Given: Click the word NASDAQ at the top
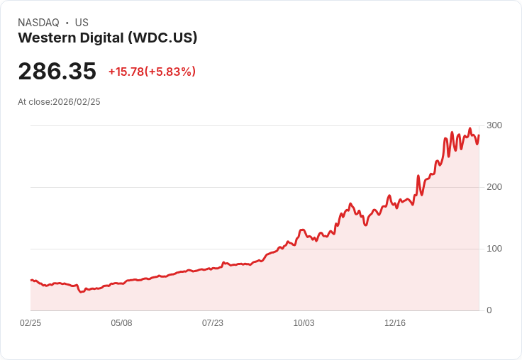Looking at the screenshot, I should point(38,23).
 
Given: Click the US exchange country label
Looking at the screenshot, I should point(82,23).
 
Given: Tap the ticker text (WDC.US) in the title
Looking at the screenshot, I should point(162,38).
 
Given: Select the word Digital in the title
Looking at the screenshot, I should point(104,38).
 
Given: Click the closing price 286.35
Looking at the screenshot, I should point(57,72).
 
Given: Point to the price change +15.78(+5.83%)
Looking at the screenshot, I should point(152,72).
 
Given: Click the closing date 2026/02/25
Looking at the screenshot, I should point(77,102).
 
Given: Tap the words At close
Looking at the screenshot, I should point(34,102).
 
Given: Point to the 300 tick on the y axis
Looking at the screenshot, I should point(494,125).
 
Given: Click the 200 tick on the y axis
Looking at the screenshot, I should point(494,187).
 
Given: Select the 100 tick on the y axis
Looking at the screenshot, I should point(494,249).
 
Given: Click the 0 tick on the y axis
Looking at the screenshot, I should point(489,310).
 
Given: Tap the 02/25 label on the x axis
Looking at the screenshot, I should point(30,323).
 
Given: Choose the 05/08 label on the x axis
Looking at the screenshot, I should point(121,323).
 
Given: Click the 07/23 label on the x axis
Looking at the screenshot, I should point(213,323).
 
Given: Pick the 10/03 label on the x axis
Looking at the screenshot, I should point(304,323).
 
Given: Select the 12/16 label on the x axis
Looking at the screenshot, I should point(395,323).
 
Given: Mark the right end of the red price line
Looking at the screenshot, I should point(479,135).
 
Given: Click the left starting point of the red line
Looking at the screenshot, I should point(30,280).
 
